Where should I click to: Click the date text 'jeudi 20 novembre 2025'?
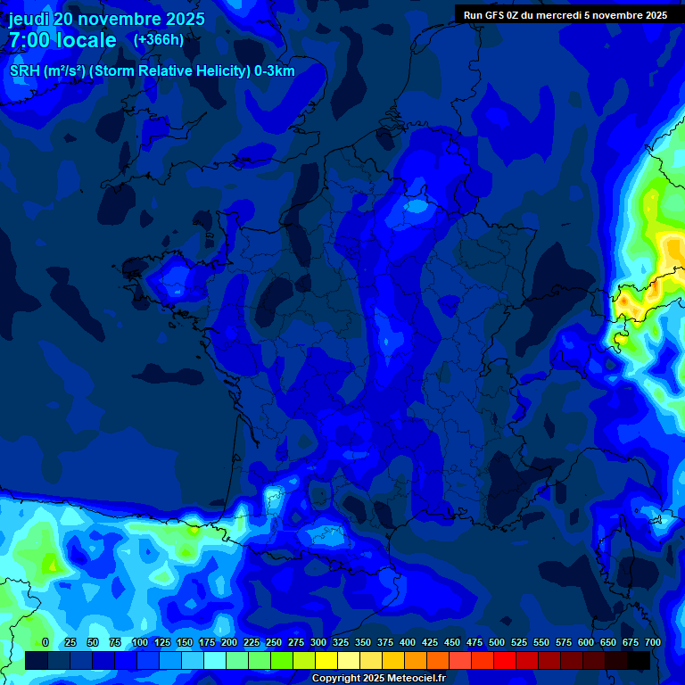(107, 19)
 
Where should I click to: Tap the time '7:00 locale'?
(62, 40)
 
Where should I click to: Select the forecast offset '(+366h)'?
(159, 39)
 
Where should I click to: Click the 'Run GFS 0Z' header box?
(565, 14)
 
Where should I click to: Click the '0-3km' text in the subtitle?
(273, 71)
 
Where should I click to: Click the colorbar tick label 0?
(45, 642)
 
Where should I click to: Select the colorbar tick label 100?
(140, 642)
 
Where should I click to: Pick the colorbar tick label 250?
(274, 642)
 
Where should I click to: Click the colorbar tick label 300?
(318, 642)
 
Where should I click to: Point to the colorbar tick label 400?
(408, 642)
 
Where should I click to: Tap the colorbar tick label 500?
(497, 642)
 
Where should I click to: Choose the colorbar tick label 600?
(586, 642)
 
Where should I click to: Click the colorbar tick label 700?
(653, 642)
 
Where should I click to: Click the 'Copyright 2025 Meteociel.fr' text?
(378, 679)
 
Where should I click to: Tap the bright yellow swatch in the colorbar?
(326, 660)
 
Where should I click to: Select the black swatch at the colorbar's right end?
(639, 660)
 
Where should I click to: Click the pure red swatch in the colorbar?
(505, 660)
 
